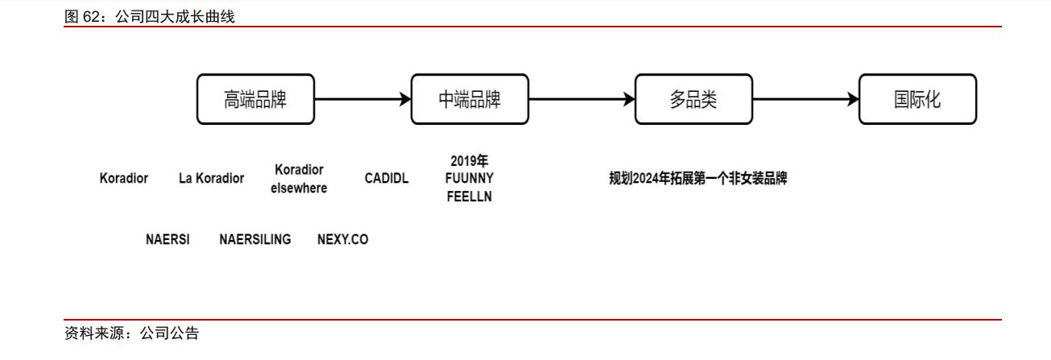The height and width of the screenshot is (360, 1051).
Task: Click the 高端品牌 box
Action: (255, 99)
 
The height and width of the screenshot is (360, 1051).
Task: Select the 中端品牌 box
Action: (470, 99)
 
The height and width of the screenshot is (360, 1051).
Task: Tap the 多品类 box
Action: (693, 99)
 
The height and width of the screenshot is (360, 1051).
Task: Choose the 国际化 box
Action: (917, 99)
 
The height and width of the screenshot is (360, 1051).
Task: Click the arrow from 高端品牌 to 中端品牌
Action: (362, 99)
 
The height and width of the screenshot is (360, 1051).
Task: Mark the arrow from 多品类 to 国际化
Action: (805, 99)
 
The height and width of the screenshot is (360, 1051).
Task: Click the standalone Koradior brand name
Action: (124, 179)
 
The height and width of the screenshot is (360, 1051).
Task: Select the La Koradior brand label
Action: (211, 179)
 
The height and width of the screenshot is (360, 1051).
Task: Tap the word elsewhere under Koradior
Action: (299, 188)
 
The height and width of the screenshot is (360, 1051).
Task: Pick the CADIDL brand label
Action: (387, 179)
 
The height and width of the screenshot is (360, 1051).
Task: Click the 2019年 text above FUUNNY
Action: (470, 161)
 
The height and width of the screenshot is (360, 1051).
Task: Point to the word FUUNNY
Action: (470, 178)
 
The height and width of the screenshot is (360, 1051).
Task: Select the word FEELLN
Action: (470, 197)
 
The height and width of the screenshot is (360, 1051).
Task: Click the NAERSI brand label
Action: (168, 240)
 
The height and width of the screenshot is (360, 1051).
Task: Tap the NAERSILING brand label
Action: (255, 240)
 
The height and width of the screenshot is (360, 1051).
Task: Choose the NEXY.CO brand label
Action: (342, 240)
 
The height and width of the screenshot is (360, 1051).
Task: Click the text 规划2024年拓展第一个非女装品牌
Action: (697, 179)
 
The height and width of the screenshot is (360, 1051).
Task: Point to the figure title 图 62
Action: (149, 17)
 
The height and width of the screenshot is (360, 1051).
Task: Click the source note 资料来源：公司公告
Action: (131, 333)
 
